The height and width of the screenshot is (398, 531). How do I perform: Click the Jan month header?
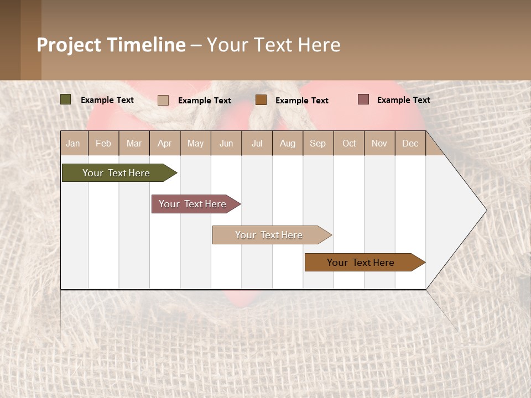tap(73, 143)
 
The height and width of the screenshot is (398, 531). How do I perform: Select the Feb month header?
tap(103, 143)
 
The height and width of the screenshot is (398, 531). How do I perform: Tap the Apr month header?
tap(165, 143)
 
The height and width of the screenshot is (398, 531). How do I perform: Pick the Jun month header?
tap(226, 143)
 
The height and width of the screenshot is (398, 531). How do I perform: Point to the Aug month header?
tap(288, 143)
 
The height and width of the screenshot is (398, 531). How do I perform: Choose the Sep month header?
tap(318, 143)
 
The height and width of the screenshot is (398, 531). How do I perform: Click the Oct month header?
tap(349, 143)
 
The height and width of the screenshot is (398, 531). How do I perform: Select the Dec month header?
tap(410, 143)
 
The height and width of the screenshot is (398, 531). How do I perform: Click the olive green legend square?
tap(66, 99)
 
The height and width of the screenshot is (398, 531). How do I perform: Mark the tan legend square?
tap(163, 100)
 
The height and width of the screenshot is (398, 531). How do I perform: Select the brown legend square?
tap(261, 99)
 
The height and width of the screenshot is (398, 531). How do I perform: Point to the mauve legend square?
tap(363, 99)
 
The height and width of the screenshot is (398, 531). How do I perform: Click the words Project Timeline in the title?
tap(111, 45)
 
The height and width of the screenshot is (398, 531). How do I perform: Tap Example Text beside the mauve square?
tap(404, 100)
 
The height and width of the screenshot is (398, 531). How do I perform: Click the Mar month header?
tap(134, 143)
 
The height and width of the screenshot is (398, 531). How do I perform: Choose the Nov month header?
tap(379, 143)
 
